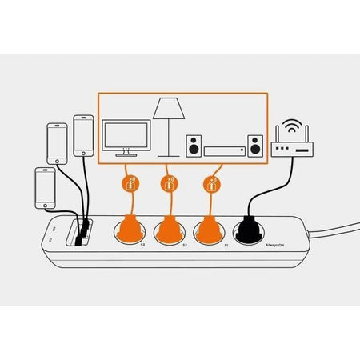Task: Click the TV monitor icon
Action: coord(126,136)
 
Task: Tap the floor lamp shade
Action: coord(169,108)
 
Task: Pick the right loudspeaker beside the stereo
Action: coord(254,146)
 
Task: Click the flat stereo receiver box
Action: coord(225,150)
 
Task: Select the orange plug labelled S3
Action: coord(129,230)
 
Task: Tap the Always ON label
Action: coord(277,246)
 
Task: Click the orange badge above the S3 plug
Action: coord(129,184)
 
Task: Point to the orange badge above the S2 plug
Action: coord(169,184)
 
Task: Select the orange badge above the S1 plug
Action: coord(210,184)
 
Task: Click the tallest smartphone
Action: coord(84,136)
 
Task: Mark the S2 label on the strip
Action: coord(186,245)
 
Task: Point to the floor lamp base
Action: coord(169,154)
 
